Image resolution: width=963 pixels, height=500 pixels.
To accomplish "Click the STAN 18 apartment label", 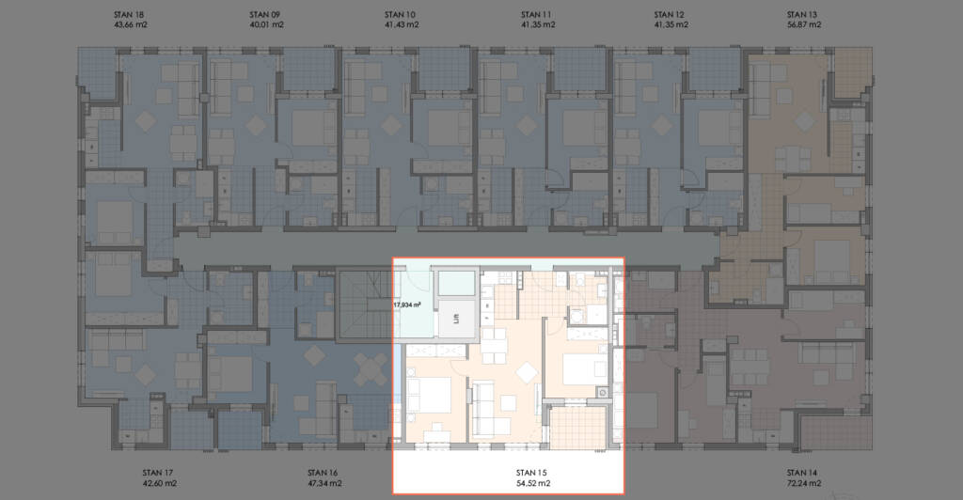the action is coord(130,15).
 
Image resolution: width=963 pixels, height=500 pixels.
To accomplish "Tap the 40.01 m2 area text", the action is coord(266,25).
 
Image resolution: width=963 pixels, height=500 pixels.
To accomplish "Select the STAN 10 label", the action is coord(400,15).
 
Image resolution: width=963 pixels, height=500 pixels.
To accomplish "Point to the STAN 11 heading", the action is coord(536,15).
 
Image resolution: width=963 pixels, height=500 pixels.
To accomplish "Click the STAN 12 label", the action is coord(669,15).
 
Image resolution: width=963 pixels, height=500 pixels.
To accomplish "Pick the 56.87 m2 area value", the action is coord(804,25).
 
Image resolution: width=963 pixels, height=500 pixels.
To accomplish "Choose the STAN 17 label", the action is coord(158,473).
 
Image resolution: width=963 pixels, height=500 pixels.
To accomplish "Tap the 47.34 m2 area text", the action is coord(324,483).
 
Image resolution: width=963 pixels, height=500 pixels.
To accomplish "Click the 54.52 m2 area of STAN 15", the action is coord(533,483).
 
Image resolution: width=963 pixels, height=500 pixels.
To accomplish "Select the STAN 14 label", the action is coord(802,473).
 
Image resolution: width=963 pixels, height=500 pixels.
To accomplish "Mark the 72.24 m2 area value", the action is coord(804,483).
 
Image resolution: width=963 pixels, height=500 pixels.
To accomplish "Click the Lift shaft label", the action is coord(456,319).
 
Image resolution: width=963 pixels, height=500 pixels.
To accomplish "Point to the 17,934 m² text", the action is coord(406,305).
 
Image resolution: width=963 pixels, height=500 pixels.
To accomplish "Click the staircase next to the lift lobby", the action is coord(365,304).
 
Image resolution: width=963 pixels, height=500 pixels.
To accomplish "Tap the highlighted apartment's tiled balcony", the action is coord(578,428).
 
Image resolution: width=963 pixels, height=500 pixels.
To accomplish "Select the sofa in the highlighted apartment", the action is coord(490,409).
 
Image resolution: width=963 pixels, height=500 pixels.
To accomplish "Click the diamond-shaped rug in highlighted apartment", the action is coord(528,373).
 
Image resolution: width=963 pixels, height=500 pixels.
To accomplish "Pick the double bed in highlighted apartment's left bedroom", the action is coord(429,395).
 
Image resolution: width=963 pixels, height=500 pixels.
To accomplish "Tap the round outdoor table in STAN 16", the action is coord(371,369).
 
